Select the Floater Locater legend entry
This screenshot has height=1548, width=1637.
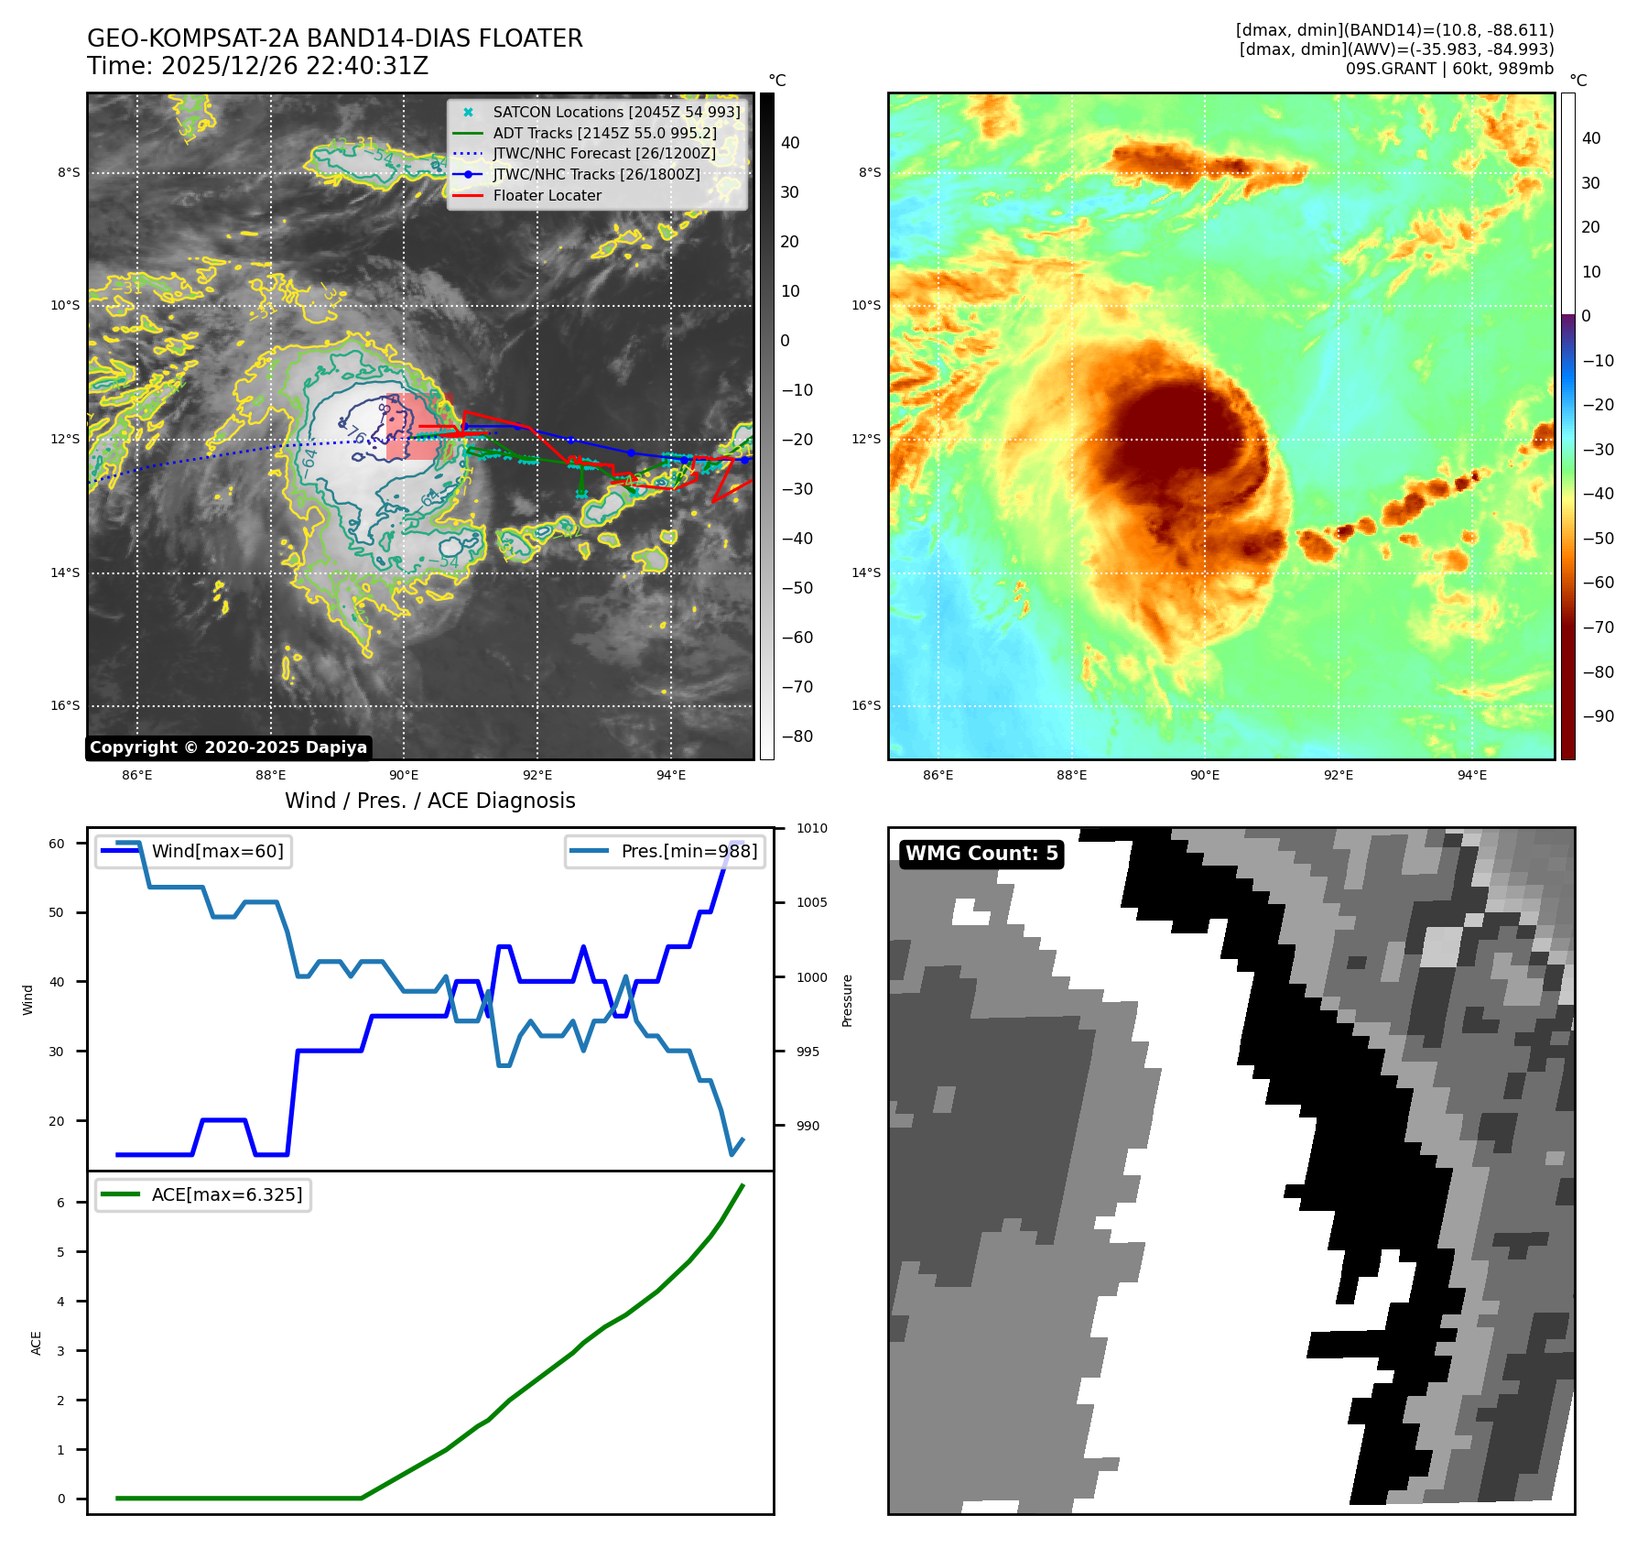pyautogui.click(x=547, y=196)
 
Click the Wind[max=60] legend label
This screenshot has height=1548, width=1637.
pyautogui.click(x=217, y=852)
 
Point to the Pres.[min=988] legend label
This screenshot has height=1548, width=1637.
pyautogui.click(x=688, y=852)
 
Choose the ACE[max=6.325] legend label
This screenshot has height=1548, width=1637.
pyautogui.click(x=226, y=1195)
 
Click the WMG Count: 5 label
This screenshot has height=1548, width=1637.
pyautogui.click(x=981, y=854)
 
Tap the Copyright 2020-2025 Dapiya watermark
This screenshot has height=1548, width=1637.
pyautogui.click(x=228, y=747)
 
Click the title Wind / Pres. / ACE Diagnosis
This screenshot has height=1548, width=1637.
pyautogui.click(x=430, y=801)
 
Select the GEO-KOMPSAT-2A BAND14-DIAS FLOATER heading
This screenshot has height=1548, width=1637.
pyautogui.click(x=335, y=39)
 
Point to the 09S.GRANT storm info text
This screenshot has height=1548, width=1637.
pyautogui.click(x=1449, y=69)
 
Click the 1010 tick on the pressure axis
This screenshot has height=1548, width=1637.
pyautogui.click(x=811, y=829)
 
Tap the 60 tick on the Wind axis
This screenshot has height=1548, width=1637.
pyautogui.click(x=57, y=844)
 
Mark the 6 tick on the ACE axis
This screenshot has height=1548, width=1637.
pyautogui.click(x=61, y=1203)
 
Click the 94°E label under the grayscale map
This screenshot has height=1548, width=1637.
pyautogui.click(x=671, y=776)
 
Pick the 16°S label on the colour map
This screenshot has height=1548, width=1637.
pyautogui.click(x=866, y=706)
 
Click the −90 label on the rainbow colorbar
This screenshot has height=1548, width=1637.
pyautogui.click(x=1598, y=716)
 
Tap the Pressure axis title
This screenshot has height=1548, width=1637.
pyautogui.click(x=848, y=1000)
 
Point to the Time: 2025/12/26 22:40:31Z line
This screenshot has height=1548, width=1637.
pyautogui.click(x=257, y=67)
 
